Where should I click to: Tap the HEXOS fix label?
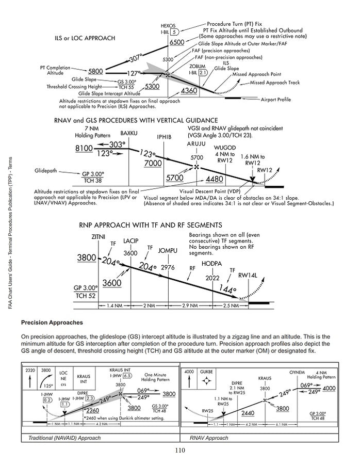(168, 25)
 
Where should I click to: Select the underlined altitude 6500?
(177, 42)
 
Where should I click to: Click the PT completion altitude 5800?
(95, 71)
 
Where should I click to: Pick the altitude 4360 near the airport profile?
(189, 91)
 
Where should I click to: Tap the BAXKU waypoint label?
(129, 134)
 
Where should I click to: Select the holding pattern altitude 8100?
(84, 149)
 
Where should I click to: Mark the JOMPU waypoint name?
(168, 251)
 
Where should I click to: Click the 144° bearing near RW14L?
(227, 290)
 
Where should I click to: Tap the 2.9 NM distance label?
(190, 306)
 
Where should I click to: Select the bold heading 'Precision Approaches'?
(52, 323)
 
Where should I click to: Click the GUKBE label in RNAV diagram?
(206, 372)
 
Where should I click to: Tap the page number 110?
(179, 450)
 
